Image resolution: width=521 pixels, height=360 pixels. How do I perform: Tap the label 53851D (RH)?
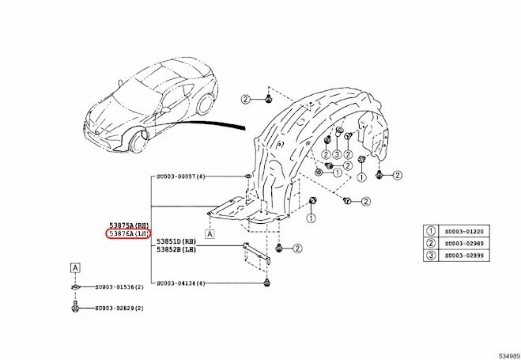click(x=176, y=241)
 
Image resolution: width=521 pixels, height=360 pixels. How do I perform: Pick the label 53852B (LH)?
click(x=176, y=249)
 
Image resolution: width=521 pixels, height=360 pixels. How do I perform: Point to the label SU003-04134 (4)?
click(x=181, y=283)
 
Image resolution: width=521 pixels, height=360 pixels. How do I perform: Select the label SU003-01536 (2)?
click(x=119, y=288)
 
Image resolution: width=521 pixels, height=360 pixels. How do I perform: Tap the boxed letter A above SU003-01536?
click(x=74, y=267)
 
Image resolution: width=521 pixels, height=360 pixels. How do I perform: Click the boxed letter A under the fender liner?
click(x=210, y=233)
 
